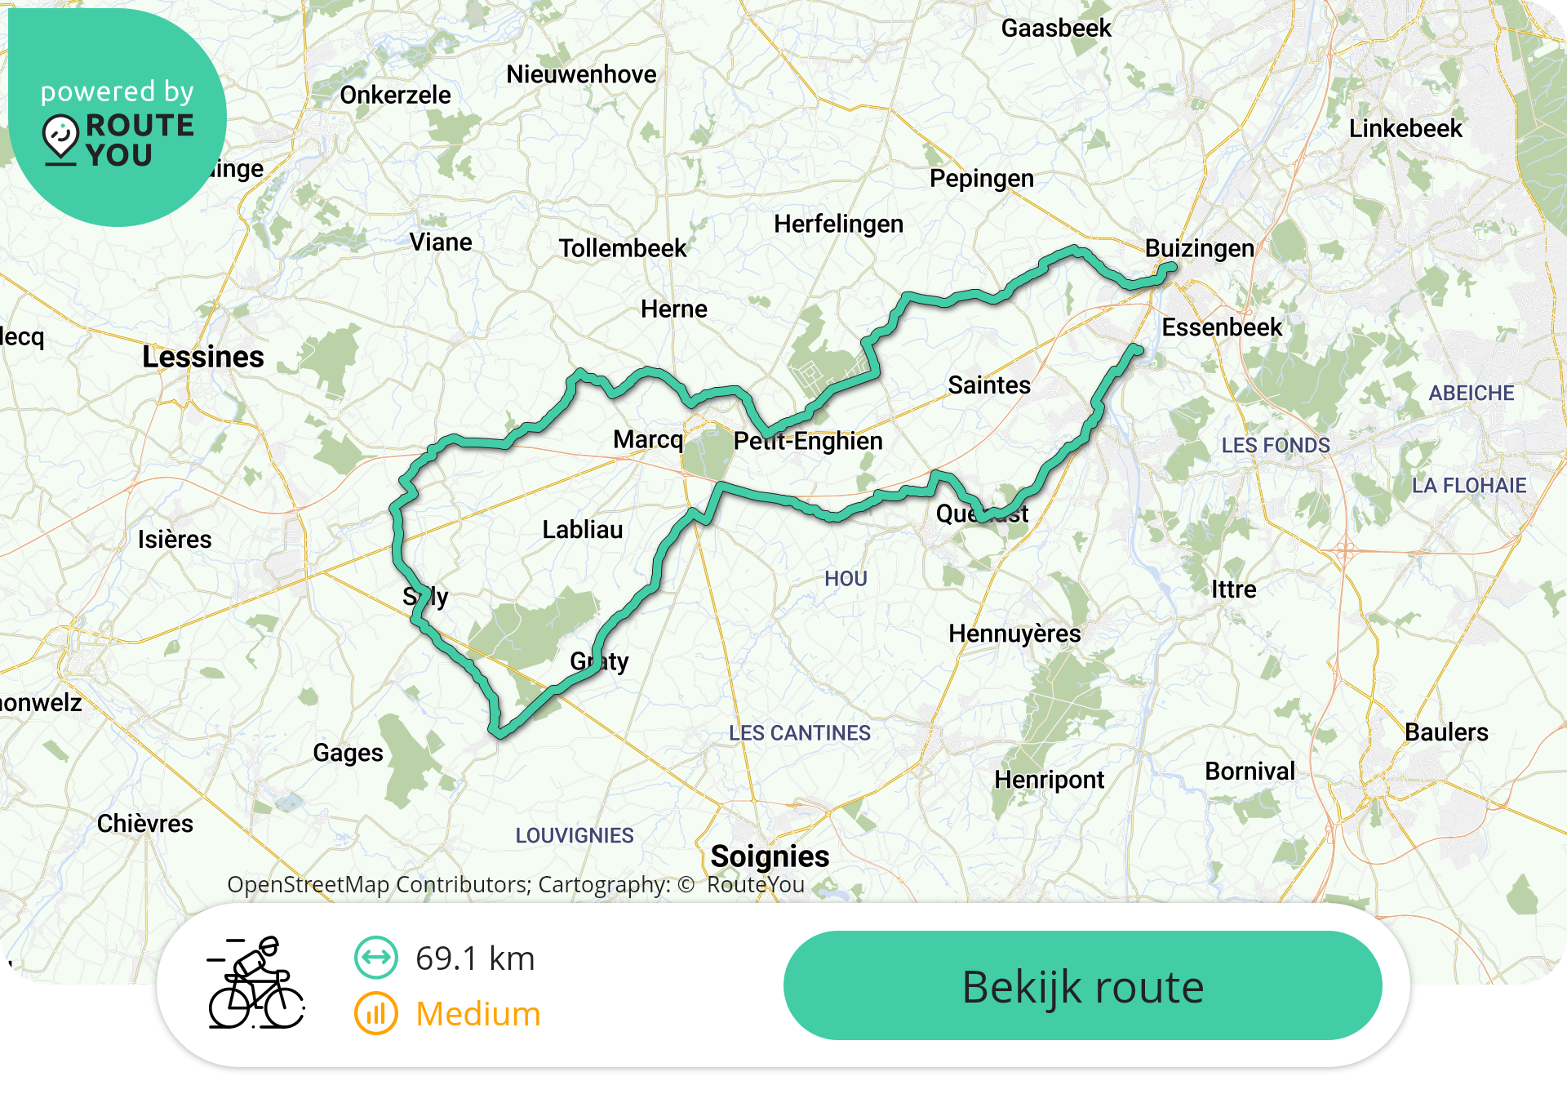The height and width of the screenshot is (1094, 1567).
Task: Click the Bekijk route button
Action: coord(1082,986)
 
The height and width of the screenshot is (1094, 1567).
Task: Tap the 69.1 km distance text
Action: coord(475,958)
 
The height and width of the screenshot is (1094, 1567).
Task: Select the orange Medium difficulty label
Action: coord(478,1014)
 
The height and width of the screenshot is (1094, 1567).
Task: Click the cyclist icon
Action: coord(256,983)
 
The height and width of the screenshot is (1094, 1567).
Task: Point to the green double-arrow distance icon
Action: coord(376,958)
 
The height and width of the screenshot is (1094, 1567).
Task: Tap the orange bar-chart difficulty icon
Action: coord(376,1014)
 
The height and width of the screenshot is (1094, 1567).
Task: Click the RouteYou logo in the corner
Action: coord(118,122)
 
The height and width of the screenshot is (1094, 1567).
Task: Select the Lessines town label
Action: coord(203,358)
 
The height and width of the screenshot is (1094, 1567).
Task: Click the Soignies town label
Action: coord(770,856)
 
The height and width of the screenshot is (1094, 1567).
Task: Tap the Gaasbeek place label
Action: coord(1056,29)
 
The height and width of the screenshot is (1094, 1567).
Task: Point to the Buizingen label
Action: coord(1199,248)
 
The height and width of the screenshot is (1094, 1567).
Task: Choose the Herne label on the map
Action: coord(674,309)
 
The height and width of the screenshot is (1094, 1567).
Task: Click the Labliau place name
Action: coord(583,530)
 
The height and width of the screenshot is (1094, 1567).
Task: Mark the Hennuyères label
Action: coord(1014,634)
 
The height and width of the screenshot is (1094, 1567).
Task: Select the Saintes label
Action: coord(989,385)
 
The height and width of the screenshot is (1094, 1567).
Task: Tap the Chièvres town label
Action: coord(145,824)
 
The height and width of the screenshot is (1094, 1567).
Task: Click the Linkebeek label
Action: coord(1405,129)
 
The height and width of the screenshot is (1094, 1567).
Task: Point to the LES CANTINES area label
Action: coord(800,733)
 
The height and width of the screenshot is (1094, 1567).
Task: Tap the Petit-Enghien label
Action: coord(808,442)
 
